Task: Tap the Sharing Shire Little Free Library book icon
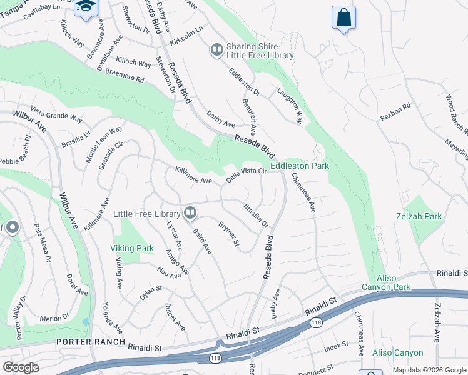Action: (217, 49)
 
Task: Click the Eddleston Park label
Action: (300, 166)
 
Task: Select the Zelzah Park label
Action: (423, 217)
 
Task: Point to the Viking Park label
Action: (132, 248)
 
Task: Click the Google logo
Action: (21, 367)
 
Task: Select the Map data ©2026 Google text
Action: (429, 370)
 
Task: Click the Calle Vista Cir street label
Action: (247, 174)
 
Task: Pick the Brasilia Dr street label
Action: (255, 215)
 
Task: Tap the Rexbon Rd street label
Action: (395, 111)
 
